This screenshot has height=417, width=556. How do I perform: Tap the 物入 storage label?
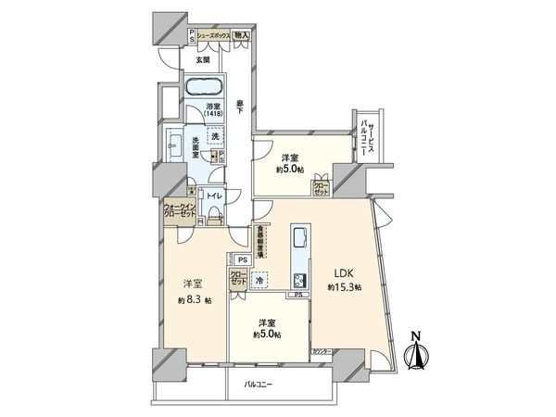241,35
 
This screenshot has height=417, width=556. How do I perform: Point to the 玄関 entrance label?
202,60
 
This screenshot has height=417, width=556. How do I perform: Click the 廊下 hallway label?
239,107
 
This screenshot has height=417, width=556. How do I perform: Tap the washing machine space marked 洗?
215,137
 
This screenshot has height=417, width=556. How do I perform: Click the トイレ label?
213,196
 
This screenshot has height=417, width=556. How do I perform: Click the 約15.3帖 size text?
344,288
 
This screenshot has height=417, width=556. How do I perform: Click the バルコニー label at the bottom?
258,383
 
